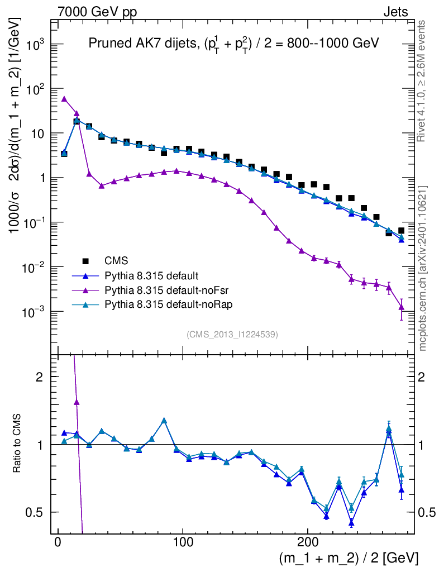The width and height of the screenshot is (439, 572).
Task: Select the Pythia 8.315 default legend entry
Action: click(x=151, y=275)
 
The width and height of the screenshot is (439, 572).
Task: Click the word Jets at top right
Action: click(x=395, y=12)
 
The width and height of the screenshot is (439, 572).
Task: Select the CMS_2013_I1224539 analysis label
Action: click(x=232, y=335)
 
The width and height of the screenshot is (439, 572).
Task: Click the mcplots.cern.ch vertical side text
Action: click(x=423, y=268)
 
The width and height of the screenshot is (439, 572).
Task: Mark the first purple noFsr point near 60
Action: click(x=64, y=99)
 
